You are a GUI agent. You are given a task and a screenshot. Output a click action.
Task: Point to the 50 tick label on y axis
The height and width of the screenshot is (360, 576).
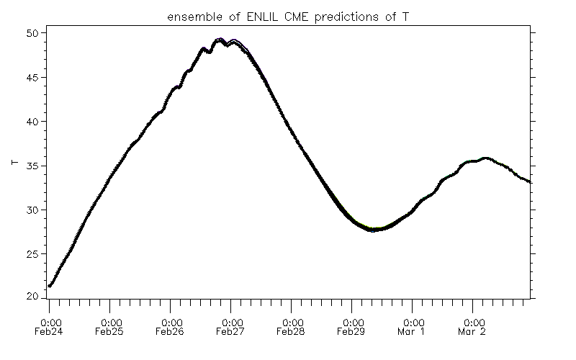[x=32, y=33]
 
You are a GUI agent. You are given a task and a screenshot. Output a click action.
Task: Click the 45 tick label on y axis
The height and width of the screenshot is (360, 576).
[x=32, y=77]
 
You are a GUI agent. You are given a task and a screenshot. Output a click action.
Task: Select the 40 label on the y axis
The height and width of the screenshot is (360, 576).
[x=32, y=122]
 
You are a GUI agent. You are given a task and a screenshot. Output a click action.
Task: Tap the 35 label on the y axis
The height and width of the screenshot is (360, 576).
[x=32, y=166]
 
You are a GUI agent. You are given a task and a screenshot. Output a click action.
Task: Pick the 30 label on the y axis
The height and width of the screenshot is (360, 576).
[x=32, y=210]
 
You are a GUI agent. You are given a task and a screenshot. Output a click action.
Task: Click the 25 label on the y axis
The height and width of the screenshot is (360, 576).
[x=32, y=254]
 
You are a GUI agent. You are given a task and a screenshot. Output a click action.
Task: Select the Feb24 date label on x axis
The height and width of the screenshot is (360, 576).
[x=50, y=333]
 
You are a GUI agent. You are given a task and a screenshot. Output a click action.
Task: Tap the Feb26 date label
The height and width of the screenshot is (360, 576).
[x=171, y=333]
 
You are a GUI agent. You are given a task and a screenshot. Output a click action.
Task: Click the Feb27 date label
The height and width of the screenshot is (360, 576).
[x=231, y=333]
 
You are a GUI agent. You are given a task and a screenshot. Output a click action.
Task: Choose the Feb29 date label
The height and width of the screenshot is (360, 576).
[x=352, y=333]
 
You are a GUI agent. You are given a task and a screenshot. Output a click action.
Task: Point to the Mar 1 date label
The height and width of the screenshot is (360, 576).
[x=413, y=333]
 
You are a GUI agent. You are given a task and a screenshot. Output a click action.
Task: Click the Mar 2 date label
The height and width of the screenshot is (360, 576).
[x=473, y=333]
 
